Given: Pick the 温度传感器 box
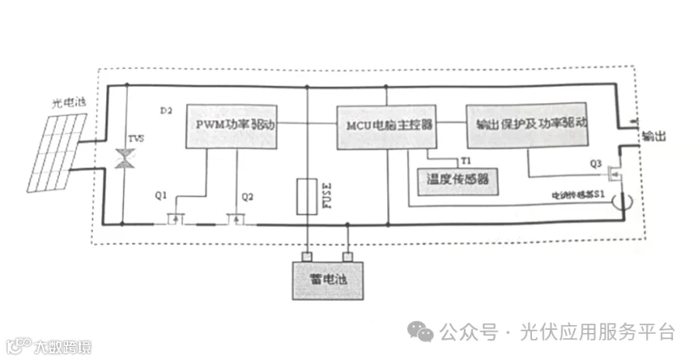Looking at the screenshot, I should click(x=458, y=180).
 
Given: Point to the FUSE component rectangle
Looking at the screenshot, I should click(x=307, y=196).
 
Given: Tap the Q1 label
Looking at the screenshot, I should click(x=161, y=196).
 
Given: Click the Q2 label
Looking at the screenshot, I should click(x=247, y=196).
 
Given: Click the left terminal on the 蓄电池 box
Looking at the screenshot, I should click(x=307, y=256).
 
